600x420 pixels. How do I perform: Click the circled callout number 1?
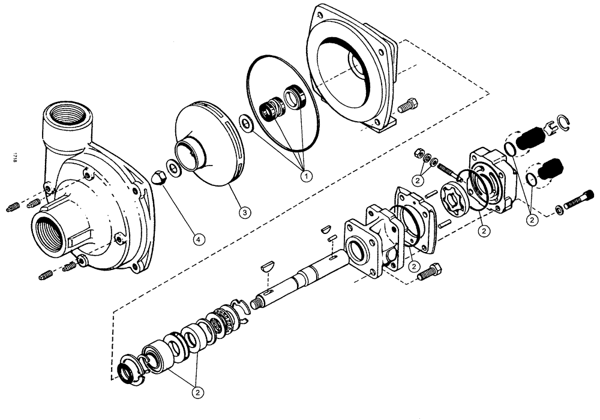pyautogui.click(x=306, y=175)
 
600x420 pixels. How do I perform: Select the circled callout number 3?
pyautogui.click(x=244, y=211)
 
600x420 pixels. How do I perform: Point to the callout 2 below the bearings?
pyautogui.click(x=197, y=392)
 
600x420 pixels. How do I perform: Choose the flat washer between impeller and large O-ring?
pyautogui.click(x=246, y=123)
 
